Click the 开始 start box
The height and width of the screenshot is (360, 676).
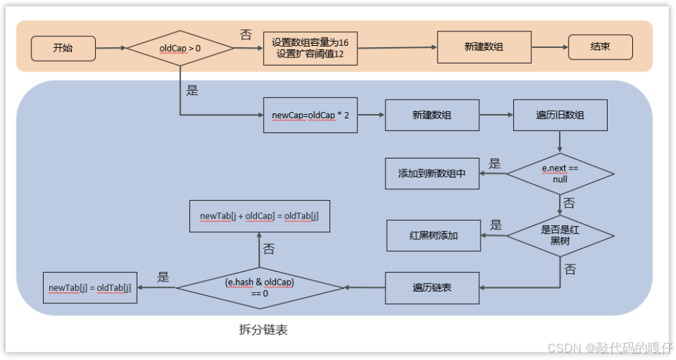click(63, 49)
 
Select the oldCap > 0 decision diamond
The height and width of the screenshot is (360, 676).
click(180, 49)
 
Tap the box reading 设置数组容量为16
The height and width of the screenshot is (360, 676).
click(310, 49)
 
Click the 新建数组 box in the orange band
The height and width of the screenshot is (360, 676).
click(484, 47)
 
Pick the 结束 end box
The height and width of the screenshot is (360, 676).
click(600, 47)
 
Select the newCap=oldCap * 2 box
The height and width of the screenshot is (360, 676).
click(310, 115)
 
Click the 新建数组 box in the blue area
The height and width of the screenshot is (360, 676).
click(432, 115)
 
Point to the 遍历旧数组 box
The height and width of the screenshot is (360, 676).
click(560, 115)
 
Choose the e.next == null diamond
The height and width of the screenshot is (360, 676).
click(560, 174)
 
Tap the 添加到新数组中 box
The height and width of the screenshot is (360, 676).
click(432, 174)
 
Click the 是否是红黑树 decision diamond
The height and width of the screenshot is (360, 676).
click(560, 236)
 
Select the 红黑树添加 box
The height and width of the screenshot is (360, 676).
click(433, 236)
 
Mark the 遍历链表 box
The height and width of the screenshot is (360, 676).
click(432, 288)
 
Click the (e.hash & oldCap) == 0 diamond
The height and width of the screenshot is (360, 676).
click(260, 288)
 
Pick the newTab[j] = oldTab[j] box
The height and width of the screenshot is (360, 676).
click(90, 288)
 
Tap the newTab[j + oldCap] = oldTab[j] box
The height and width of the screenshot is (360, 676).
click(260, 216)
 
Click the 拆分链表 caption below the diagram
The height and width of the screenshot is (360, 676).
click(263, 330)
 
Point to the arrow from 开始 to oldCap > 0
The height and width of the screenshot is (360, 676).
click(111, 49)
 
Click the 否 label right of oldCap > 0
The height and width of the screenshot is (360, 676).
click(246, 35)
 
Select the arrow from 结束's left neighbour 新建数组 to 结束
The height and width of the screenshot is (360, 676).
click(550, 47)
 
